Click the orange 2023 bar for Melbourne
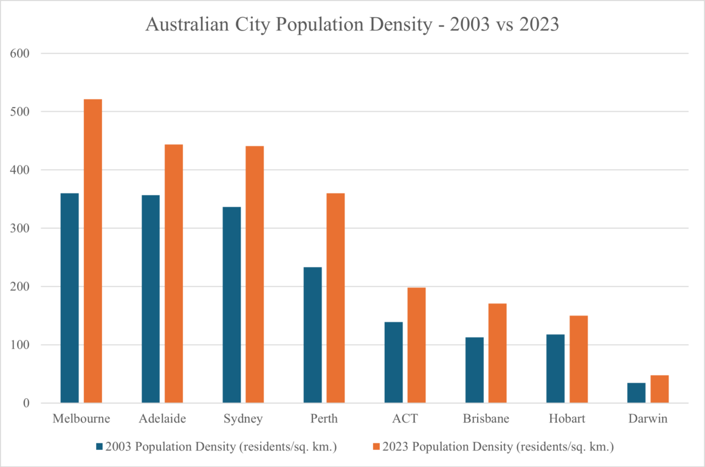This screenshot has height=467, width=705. pyautogui.click(x=92, y=251)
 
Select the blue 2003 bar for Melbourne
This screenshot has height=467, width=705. pyautogui.click(x=69, y=298)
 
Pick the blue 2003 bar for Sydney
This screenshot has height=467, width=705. pyautogui.click(x=232, y=305)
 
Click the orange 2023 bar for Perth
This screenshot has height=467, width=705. pyautogui.click(x=335, y=298)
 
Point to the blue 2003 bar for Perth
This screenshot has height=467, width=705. pyautogui.click(x=312, y=335)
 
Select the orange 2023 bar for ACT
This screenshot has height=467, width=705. pyautogui.click(x=416, y=345)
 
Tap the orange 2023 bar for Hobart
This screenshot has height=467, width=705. pyautogui.click(x=579, y=359)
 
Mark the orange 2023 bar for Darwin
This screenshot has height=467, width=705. pyautogui.click(x=659, y=389)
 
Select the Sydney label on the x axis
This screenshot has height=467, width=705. pyautogui.click(x=243, y=419)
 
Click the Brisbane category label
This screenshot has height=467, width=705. pyautogui.click(x=486, y=419)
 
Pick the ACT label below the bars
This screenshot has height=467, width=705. pyautogui.click(x=405, y=419)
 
